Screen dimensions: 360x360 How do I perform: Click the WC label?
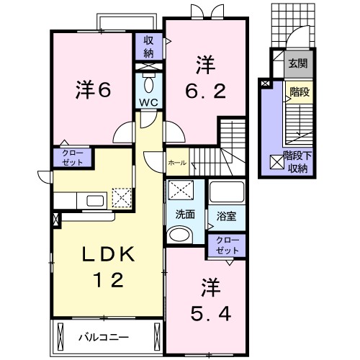click(149, 102)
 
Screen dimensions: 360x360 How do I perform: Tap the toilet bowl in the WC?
click(149, 84)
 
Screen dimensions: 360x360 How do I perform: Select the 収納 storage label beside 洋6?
click(149, 47)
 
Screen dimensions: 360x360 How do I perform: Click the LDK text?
click(108, 254)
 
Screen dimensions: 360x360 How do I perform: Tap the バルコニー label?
click(104, 338)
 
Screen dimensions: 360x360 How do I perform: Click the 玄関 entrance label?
click(298, 63)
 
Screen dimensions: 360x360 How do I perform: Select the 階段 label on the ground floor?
click(300, 92)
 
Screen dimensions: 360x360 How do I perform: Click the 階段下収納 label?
click(297, 162)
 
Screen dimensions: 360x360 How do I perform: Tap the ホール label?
click(177, 163)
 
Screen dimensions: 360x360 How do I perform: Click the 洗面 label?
click(185, 215)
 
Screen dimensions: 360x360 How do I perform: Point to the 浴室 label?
click(226, 216)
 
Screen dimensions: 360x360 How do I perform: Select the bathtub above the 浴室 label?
click(227, 192)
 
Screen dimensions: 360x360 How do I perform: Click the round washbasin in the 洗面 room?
click(179, 235)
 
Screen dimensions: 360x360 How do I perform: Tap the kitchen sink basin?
click(95, 201)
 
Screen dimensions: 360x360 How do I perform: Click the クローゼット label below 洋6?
click(72, 158)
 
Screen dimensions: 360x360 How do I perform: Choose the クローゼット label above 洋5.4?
click(227, 246)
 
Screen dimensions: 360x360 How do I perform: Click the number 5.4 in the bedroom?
click(211, 314)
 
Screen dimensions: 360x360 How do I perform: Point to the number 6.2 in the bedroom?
click(206, 91)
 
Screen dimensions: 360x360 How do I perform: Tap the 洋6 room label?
click(94, 90)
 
